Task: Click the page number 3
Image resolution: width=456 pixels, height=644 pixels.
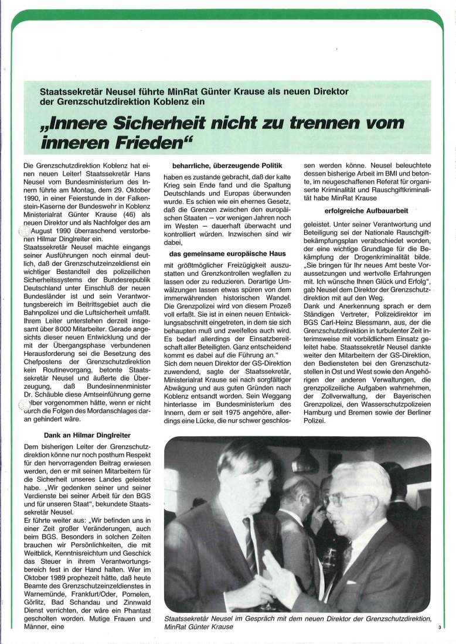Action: pyautogui.click(x=438, y=628)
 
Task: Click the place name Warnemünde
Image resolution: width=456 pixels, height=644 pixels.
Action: pyautogui.click(x=45, y=585)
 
